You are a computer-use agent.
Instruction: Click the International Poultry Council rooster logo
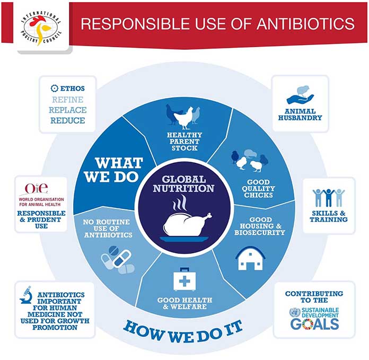(x=41, y=28)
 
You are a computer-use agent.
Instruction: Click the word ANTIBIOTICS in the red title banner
(x=305, y=24)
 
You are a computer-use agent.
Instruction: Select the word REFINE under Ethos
(x=68, y=100)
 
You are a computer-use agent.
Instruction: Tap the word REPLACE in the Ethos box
(x=68, y=110)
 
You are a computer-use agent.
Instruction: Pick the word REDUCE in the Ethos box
(x=68, y=120)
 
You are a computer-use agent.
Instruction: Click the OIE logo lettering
(x=37, y=188)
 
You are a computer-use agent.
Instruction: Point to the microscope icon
(x=26, y=295)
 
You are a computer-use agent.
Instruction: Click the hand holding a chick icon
(x=301, y=95)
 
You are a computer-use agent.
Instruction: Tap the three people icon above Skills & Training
(x=329, y=198)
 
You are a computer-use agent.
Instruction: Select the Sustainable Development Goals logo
(x=314, y=318)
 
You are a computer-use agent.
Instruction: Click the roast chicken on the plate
(x=186, y=226)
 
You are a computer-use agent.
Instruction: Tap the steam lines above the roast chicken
(x=180, y=203)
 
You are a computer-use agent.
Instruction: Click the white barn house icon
(x=250, y=258)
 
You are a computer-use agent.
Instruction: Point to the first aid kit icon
(x=184, y=279)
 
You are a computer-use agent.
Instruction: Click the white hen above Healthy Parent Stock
(x=184, y=118)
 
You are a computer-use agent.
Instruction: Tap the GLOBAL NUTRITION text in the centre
(x=183, y=184)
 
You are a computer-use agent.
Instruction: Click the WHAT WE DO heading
(x=113, y=170)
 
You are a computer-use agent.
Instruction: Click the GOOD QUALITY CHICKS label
(x=258, y=188)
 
